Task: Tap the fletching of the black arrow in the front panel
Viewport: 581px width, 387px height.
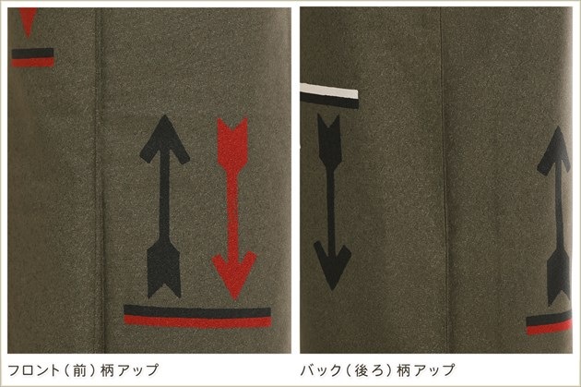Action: [x=164, y=269]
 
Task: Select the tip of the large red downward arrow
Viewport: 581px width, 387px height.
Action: [x=234, y=298]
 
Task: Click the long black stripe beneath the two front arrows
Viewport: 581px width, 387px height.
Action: [x=197, y=311]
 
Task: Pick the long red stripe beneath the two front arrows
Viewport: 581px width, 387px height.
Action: [x=197, y=321]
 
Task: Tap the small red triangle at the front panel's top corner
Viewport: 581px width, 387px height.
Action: [x=28, y=20]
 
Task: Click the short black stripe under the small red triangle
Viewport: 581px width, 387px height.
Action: [x=32, y=54]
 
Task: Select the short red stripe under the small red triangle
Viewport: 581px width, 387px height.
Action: [x=33, y=62]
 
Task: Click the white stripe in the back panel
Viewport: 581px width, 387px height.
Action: [x=329, y=91]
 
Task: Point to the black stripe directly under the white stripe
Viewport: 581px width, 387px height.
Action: [x=329, y=100]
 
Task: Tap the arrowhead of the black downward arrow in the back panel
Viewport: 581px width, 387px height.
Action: [x=332, y=263]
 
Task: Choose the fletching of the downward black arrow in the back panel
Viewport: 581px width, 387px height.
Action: [x=328, y=141]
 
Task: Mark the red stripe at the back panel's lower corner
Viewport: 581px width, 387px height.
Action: [x=549, y=327]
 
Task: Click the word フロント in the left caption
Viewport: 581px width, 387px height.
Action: [x=34, y=370]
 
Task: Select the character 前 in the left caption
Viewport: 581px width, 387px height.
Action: [x=79, y=370]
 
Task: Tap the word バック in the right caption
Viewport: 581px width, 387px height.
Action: [x=321, y=370]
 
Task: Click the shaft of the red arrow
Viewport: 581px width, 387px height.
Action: [x=232, y=212]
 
